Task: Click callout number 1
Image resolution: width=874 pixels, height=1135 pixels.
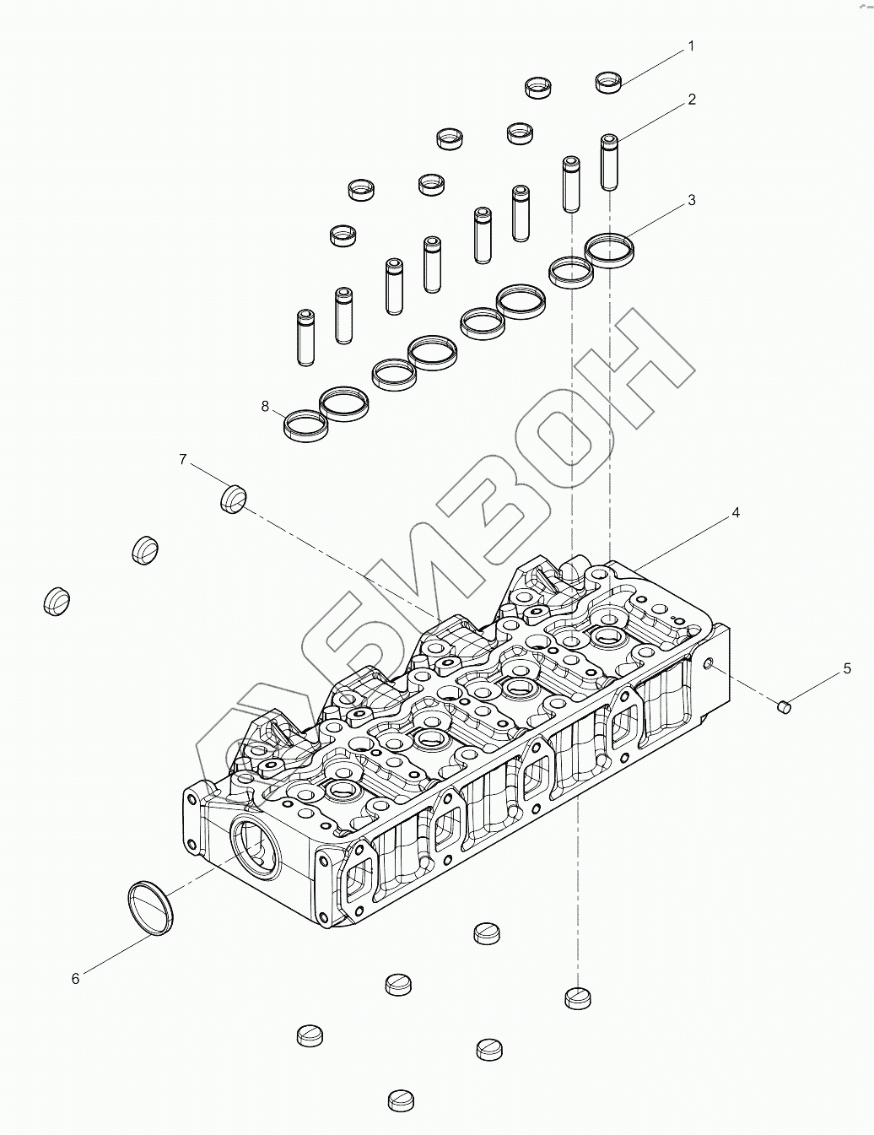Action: point(691,46)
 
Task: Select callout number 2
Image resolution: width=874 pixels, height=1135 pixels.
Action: point(692,100)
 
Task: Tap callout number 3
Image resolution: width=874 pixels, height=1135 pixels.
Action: point(692,200)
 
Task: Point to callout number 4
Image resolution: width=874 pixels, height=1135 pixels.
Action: point(736,512)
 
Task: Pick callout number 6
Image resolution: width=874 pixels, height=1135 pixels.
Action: point(75,978)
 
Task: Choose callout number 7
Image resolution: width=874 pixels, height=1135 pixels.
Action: point(182,459)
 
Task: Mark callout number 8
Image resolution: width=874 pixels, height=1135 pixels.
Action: point(265,407)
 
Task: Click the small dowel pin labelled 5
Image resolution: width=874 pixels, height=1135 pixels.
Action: point(783,705)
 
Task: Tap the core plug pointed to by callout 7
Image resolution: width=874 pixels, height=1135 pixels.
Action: point(233,499)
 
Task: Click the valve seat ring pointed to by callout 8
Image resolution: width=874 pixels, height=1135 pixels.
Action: point(305,424)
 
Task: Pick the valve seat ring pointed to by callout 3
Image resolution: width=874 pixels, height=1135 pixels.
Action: point(610,249)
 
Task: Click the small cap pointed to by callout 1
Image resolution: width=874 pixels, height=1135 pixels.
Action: point(608,82)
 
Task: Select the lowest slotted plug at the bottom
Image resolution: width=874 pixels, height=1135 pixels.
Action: point(401,1100)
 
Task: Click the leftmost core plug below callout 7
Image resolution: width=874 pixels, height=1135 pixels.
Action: point(56,600)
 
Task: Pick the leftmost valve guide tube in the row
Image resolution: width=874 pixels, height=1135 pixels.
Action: point(305,338)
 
